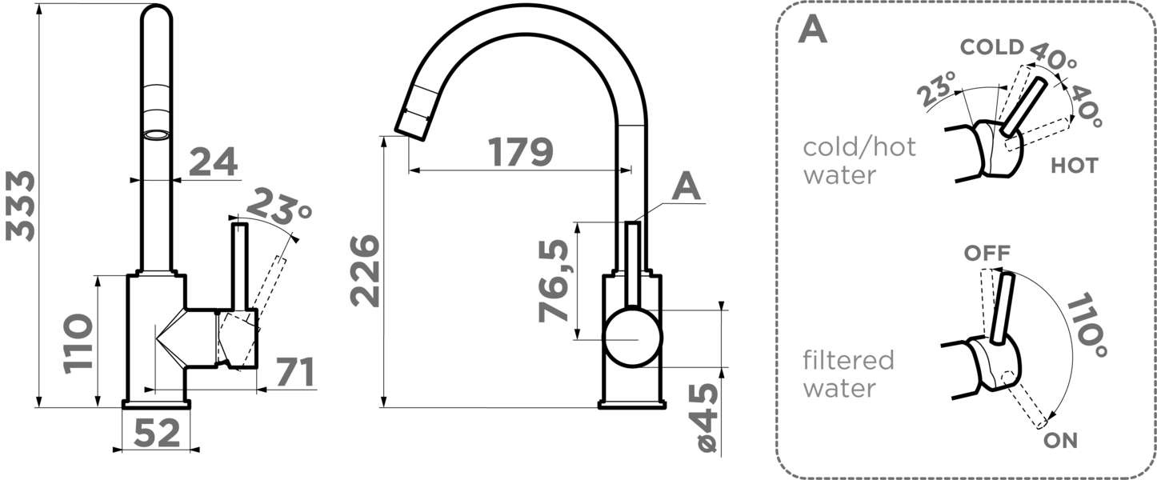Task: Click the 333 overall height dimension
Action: (x=20, y=206)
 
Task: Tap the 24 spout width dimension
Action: (x=214, y=162)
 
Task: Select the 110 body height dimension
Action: (x=78, y=343)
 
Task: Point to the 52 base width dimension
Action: (x=157, y=433)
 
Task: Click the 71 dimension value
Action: (x=295, y=372)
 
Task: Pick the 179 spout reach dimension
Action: (x=521, y=152)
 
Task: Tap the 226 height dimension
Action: (x=365, y=270)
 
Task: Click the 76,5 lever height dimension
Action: (x=553, y=282)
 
